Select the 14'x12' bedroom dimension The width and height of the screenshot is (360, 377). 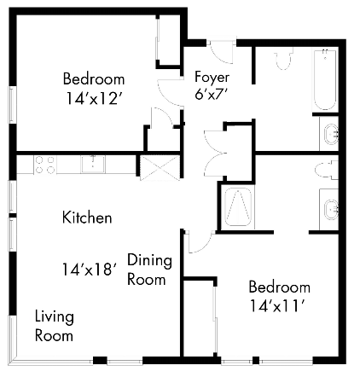94,98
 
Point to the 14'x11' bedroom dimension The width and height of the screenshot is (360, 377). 279,304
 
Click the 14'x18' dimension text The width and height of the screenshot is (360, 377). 88,270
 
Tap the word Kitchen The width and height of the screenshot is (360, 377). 87,217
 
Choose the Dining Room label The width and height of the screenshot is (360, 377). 149,269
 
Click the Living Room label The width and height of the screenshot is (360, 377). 54,326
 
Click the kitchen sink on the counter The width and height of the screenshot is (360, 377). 89,164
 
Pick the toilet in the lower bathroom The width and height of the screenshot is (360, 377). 323,170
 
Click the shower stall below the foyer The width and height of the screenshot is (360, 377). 236,207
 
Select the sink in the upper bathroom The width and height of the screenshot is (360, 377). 331,134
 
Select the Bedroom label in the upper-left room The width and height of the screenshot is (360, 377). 94,79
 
